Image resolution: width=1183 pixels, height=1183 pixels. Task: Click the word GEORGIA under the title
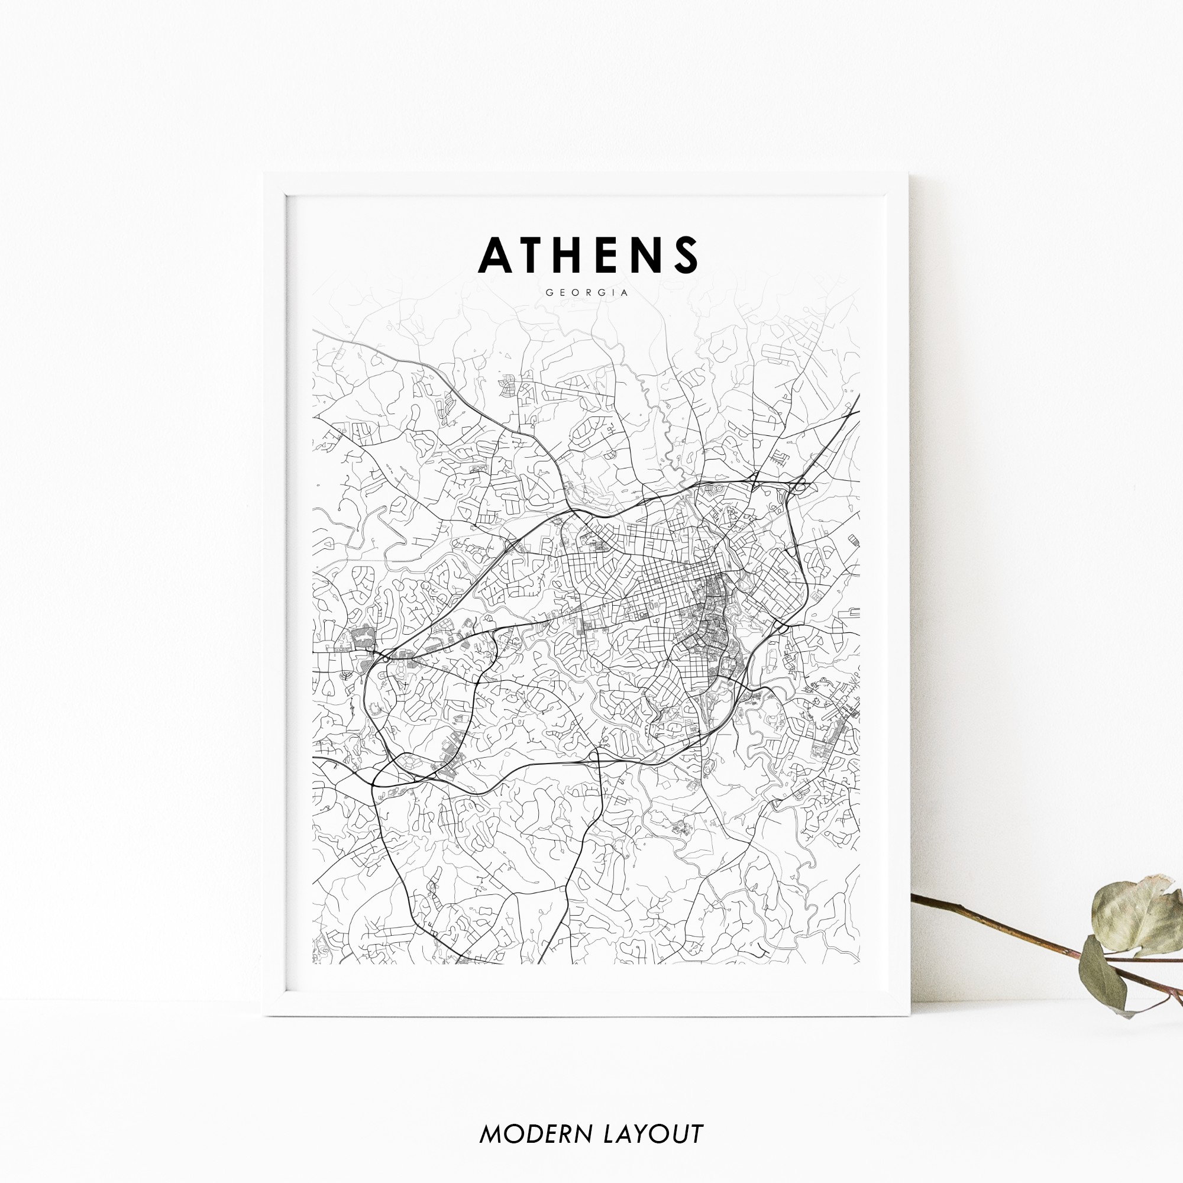click(x=587, y=293)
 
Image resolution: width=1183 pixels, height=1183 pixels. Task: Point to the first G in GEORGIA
click(x=548, y=293)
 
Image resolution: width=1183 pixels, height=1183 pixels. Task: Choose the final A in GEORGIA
click(x=625, y=293)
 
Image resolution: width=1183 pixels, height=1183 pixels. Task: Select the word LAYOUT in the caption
click(x=654, y=1134)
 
